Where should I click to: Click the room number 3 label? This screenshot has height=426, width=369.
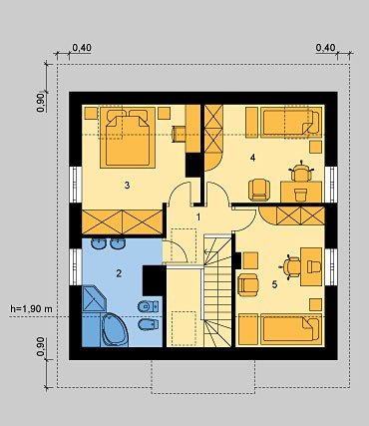tap(127, 186)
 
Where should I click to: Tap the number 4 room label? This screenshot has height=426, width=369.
tap(253, 158)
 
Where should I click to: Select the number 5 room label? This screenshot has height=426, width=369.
tap(274, 284)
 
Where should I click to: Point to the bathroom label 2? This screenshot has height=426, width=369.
tap(119, 273)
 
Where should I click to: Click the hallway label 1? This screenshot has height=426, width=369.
tap(198, 217)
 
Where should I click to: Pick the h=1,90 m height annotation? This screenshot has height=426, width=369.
tap(31, 309)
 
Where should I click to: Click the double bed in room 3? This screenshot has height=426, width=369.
tap(128, 138)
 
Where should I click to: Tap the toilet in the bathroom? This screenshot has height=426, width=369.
tap(148, 306)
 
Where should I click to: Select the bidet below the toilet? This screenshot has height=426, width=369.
tap(149, 324)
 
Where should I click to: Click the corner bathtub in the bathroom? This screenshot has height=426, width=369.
tap(115, 330)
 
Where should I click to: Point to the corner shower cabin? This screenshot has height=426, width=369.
tap(94, 299)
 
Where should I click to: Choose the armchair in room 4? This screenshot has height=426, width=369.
tap(259, 190)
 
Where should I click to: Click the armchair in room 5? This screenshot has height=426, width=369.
tap(248, 284)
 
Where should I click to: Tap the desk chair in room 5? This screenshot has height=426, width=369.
tap(291, 266)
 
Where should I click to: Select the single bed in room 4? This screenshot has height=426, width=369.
tap(291, 122)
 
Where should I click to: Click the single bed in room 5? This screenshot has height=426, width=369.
tap(291, 329)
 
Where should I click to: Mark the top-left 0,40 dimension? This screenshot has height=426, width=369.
tap(82, 48)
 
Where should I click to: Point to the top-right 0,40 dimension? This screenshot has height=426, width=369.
tap(325, 48)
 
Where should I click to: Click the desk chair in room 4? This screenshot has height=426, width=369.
tap(301, 172)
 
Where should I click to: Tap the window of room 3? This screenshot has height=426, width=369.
tap(76, 185)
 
